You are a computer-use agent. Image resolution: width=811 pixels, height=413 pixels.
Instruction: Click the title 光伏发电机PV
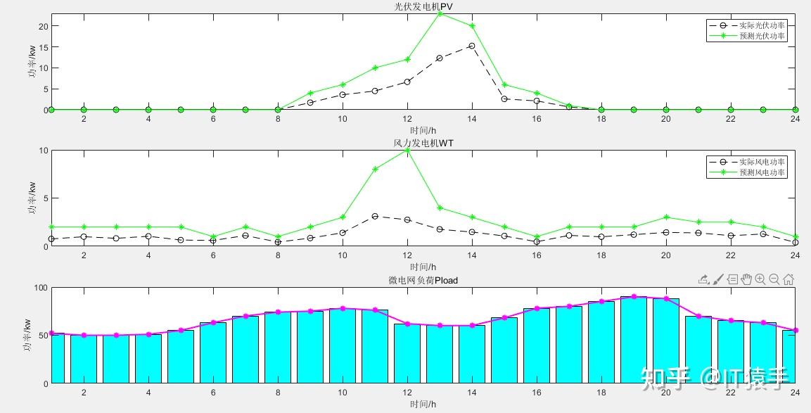423,7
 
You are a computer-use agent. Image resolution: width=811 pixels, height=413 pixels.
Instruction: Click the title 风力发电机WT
423,144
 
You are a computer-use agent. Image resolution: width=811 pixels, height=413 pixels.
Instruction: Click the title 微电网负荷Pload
423,280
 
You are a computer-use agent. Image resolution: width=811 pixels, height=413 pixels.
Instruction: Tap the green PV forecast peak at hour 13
440,13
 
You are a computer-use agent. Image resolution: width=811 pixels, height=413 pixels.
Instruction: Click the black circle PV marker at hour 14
472,46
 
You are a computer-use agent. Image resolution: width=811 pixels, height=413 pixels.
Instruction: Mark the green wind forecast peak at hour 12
407,151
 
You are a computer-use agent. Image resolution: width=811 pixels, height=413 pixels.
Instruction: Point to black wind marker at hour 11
375,216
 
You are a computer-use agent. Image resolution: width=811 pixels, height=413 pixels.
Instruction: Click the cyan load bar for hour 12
407,354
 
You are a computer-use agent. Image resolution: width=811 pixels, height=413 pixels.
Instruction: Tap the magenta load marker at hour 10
343,308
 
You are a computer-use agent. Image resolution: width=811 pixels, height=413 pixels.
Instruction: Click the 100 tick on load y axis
40,288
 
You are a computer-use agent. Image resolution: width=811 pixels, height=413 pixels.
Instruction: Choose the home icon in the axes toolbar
788,279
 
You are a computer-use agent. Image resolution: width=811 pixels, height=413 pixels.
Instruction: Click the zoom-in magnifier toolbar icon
760,279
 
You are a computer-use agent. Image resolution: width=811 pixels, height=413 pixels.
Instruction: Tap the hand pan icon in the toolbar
746,279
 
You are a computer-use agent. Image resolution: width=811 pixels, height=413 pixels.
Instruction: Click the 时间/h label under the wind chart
423,267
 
